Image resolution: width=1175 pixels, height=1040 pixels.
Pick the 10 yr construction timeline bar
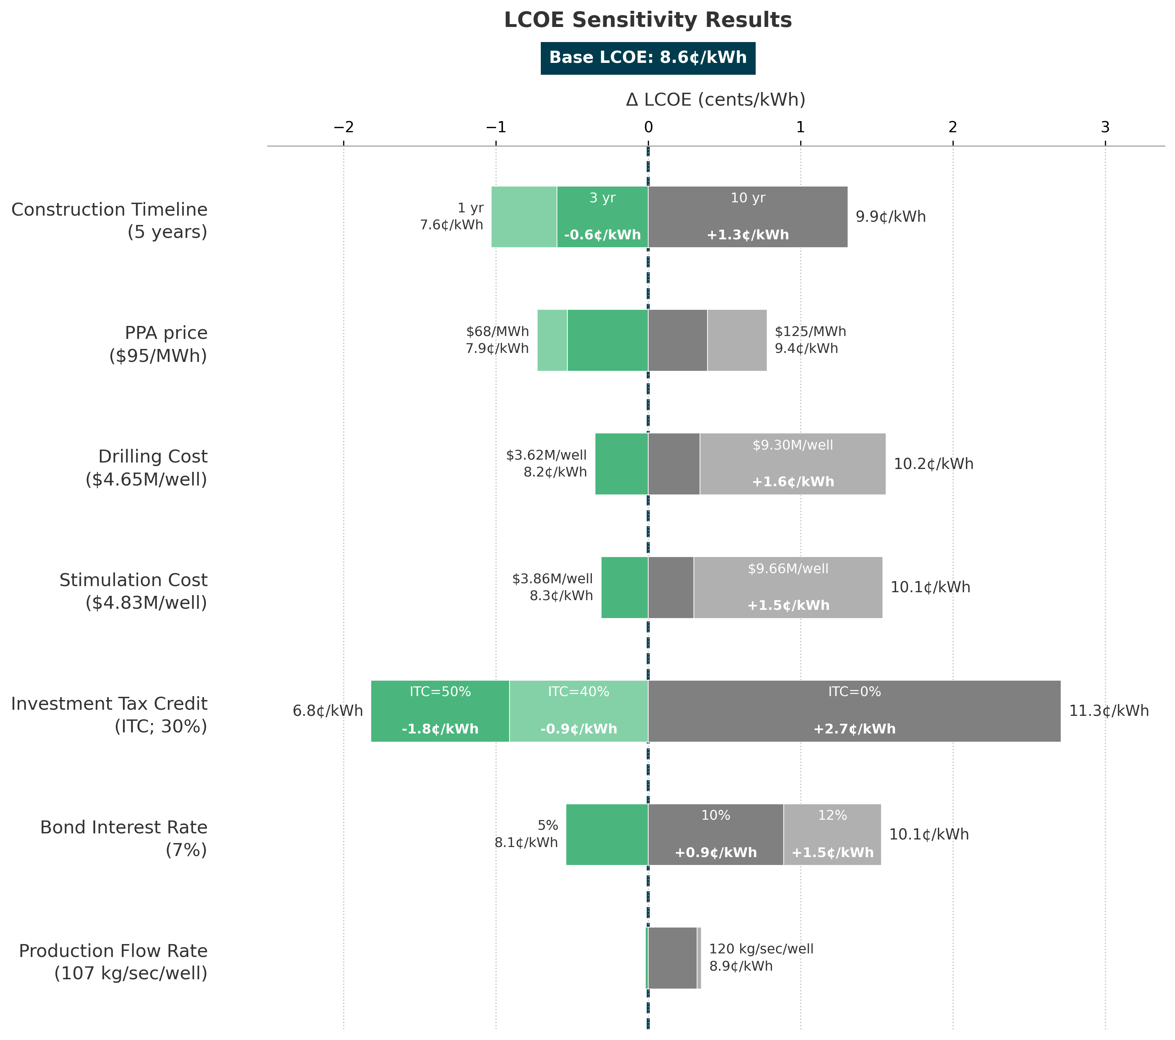747,217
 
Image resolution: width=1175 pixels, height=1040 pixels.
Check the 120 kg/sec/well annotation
761,949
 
